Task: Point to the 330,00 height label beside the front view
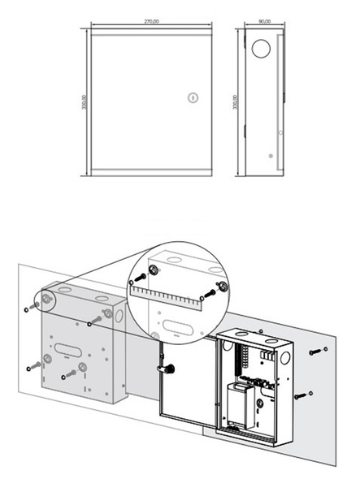click(85, 102)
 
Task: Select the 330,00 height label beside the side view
click(236, 102)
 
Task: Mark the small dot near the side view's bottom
click(271, 155)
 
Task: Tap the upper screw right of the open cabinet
click(318, 352)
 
